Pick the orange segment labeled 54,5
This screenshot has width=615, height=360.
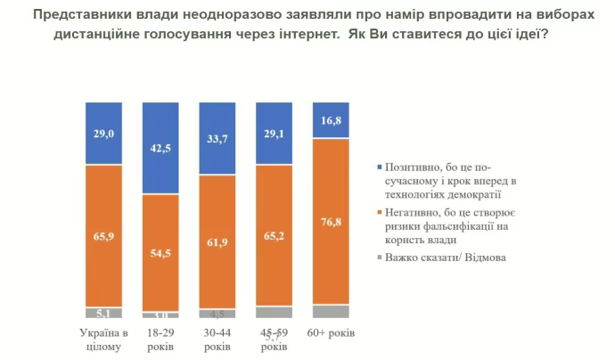click(160, 253)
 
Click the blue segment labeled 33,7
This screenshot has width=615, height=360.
click(217, 138)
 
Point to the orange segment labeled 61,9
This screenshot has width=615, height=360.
click(217, 241)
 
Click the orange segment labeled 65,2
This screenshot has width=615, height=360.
click(275, 236)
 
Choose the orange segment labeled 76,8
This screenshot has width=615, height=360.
click(332, 222)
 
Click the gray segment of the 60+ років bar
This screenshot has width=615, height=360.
click(332, 312)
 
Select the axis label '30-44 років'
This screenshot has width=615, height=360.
click(217, 339)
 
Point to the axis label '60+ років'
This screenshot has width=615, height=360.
click(331, 333)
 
